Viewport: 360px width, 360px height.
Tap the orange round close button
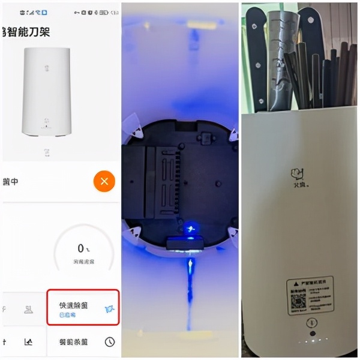click(104, 181)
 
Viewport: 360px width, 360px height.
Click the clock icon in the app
click(109, 341)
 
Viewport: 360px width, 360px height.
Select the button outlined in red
click(83, 308)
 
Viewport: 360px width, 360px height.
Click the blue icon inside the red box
click(109, 308)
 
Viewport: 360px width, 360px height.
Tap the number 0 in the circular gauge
click(80, 248)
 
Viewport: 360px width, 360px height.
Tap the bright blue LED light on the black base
click(191, 228)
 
